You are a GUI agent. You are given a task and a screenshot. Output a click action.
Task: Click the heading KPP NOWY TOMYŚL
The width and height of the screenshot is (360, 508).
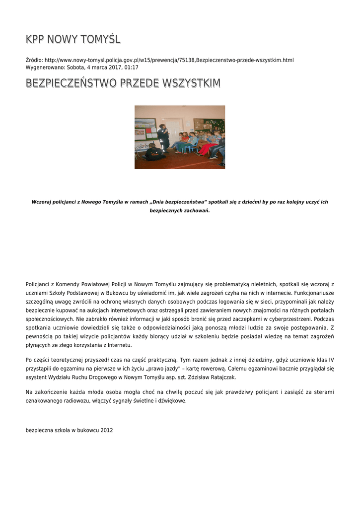point(73,39)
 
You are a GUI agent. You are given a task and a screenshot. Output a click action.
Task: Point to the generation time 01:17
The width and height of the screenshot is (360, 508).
point(132,67)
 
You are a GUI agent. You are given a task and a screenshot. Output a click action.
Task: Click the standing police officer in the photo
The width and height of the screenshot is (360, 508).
point(163,137)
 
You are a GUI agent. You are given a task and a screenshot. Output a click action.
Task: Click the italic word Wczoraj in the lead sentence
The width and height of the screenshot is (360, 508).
point(42,202)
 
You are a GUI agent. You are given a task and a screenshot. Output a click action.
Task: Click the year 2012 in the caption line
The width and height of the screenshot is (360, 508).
point(106,430)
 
